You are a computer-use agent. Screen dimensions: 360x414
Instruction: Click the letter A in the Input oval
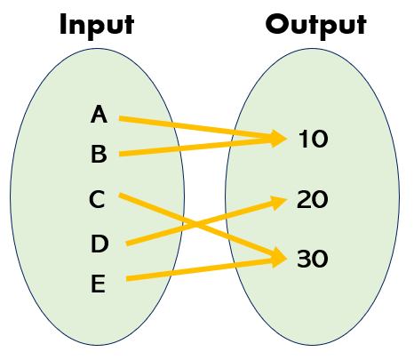tap(100, 114)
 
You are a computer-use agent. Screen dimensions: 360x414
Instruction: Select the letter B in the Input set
tap(99, 155)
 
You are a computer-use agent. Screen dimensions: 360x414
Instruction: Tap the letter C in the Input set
tap(98, 200)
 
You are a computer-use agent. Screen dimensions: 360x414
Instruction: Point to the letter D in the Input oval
tap(100, 243)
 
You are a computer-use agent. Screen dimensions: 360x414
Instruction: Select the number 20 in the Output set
tap(313, 200)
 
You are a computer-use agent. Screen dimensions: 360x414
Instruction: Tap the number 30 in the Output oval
tap(313, 260)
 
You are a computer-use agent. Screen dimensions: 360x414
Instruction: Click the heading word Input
tap(97, 24)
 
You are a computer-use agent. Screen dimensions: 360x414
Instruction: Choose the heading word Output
tap(315, 24)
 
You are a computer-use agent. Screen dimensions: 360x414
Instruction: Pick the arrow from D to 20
tap(160, 232)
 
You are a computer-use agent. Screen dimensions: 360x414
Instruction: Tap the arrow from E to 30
tap(195, 269)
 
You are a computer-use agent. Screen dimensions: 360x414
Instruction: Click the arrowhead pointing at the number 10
tap(278, 138)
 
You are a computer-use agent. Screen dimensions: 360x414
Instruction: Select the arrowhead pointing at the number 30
tap(278, 259)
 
